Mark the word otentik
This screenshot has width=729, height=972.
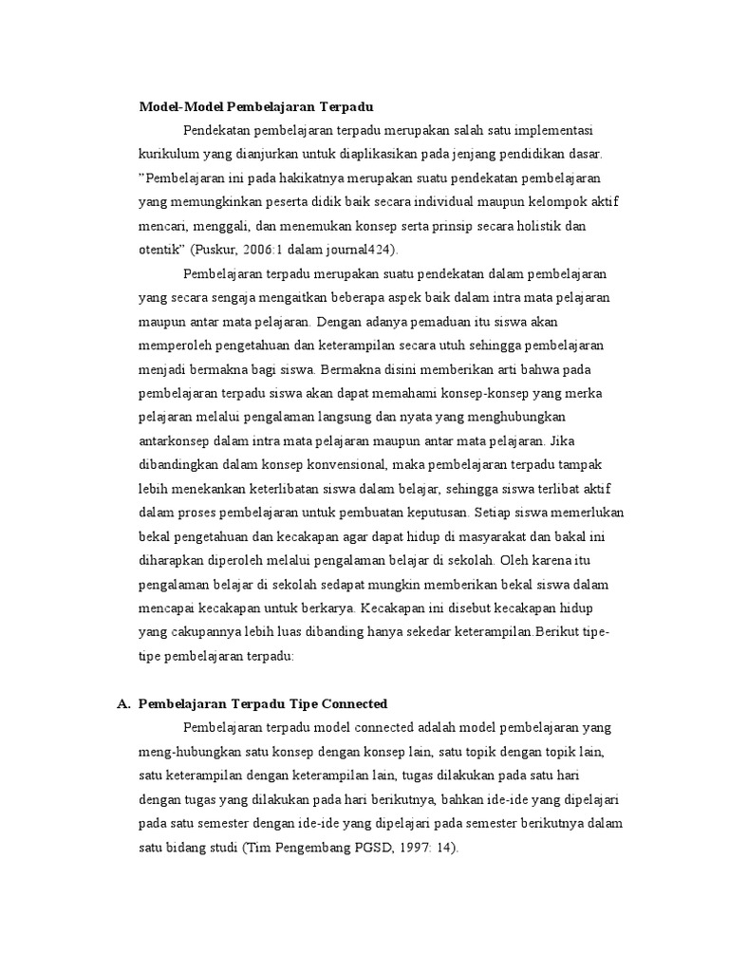pyautogui.click(x=160, y=250)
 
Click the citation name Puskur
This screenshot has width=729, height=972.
pyautogui.click(x=216, y=250)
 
